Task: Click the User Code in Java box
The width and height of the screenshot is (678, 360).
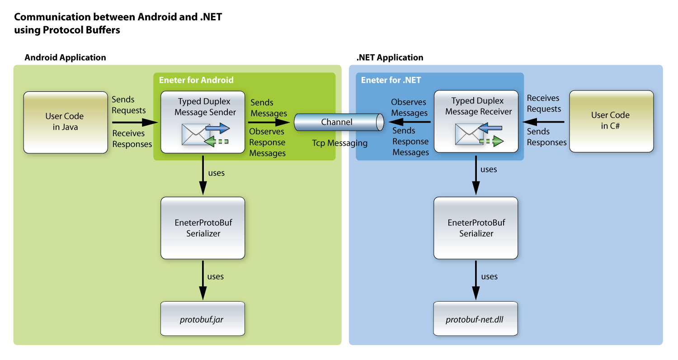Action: pyautogui.click(x=65, y=122)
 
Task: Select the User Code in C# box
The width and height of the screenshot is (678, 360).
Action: pyautogui.click(x=611, y=121)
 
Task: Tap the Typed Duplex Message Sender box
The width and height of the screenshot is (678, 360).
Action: pyautogui.click(x=203, y=121)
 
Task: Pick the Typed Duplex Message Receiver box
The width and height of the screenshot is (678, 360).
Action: pyautogui.click(x=476, y=121)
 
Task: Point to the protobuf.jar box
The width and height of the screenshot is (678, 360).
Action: pyautogui.click(x=203, y=319)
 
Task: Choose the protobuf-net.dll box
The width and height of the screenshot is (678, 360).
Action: pyautogui.click(x=476, y=319)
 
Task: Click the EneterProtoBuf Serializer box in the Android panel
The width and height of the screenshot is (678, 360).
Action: pyautogui.click(x=203, y=228)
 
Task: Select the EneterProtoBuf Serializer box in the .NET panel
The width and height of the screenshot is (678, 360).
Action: pyautogui.click(x=476, y=228)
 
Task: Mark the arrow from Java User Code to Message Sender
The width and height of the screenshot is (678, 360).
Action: pyautogui.click(x=133, y=122)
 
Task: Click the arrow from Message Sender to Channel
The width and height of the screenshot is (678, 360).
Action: pyautogui.click(x=268, y=123)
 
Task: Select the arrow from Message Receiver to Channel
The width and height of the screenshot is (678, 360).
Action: pyautogui.click(x=409, y=122)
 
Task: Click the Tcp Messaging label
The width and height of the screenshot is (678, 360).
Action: pyautogui.click(x=339, y=143)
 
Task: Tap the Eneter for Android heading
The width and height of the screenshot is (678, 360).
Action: pyautogui.click(x=196, y=80)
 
